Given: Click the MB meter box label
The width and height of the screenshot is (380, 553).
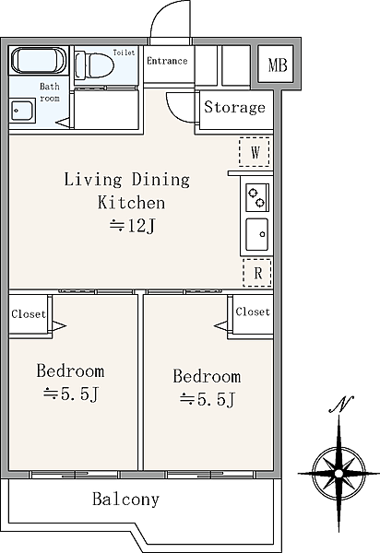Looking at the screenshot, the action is point(278,65).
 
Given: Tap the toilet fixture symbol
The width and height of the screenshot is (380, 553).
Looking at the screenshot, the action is point(95,65).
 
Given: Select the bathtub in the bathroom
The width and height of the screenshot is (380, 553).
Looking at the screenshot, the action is point(39,60).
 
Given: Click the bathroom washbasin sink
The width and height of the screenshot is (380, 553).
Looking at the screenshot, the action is point(22,111).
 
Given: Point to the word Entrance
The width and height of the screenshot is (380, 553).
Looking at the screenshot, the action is point(167,61).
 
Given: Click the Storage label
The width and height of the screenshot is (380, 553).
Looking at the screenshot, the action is point(234,107).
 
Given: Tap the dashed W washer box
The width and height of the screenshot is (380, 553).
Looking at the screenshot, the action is point(255,152).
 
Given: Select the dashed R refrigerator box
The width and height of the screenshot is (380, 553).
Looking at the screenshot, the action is point(257,273).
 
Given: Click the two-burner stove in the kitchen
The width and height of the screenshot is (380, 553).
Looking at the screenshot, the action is point(256,197).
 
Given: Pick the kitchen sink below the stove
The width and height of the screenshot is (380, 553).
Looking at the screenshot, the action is point(256,234).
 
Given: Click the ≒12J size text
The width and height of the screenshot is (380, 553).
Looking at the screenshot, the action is point(132,226).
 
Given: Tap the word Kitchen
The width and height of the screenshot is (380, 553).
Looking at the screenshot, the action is point(131,203).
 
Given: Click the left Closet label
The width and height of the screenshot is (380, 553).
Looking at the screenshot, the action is point(29,314).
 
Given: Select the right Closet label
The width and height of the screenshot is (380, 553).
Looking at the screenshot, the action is point(253,312).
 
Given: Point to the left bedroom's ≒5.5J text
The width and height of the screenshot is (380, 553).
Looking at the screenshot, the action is point(71,394).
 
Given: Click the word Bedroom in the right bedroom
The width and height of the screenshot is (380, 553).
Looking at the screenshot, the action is point(207,376).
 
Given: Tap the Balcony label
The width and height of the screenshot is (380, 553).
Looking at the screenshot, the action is point(126,499).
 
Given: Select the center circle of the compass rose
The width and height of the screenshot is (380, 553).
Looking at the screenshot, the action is point(338,473).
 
